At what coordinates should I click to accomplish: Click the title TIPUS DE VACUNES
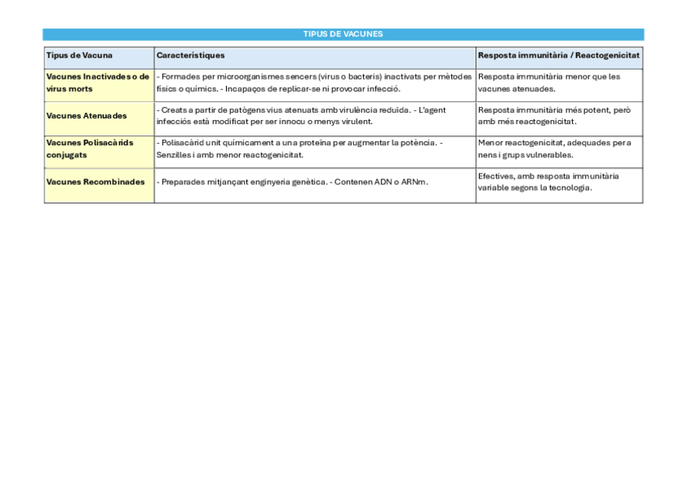tap(343, 34)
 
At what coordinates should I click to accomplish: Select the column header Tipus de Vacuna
tap(79, 55)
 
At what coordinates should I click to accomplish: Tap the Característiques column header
tap(190, 55)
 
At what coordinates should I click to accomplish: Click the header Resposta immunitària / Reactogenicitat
tap(558, 55)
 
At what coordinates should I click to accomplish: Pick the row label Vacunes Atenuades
tap(87, 116)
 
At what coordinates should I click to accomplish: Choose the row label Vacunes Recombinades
tap(96, 182)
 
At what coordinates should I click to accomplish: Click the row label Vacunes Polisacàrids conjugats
tap(90, 148)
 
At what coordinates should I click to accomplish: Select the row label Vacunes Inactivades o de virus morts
tap(97, 83)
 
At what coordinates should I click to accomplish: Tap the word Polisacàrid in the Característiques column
tap(181, 143)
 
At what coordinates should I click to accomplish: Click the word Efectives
tap(496, 175)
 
